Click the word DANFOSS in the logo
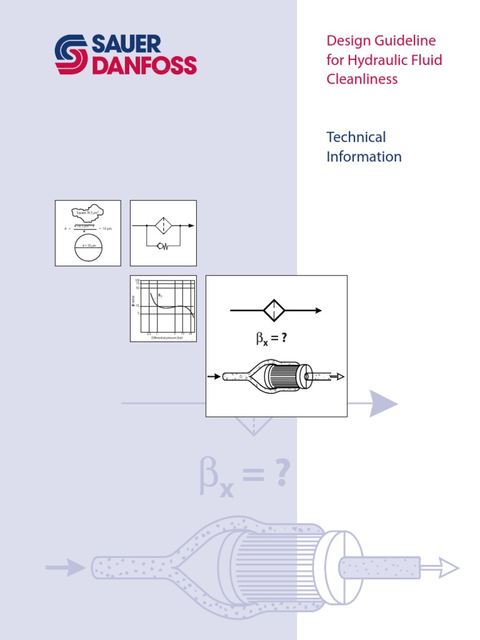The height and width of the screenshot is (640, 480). (x=144, y=65)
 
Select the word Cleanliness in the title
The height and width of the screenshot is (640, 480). (x=362, y=79)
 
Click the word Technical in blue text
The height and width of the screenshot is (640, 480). (x=356, y=137)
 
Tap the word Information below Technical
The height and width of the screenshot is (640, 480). (x=364, y=156)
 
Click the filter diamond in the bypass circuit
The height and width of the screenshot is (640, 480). (x=163, y=226)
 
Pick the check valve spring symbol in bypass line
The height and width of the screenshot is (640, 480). (x=164, y=246)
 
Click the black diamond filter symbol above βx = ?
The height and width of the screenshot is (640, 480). (x=274, y=310)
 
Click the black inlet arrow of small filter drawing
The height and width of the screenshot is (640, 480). (x=214, y=376)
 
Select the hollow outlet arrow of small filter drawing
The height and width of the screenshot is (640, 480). (x=337, y=376)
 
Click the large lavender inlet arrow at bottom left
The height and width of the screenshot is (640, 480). (x=66, y=567)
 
